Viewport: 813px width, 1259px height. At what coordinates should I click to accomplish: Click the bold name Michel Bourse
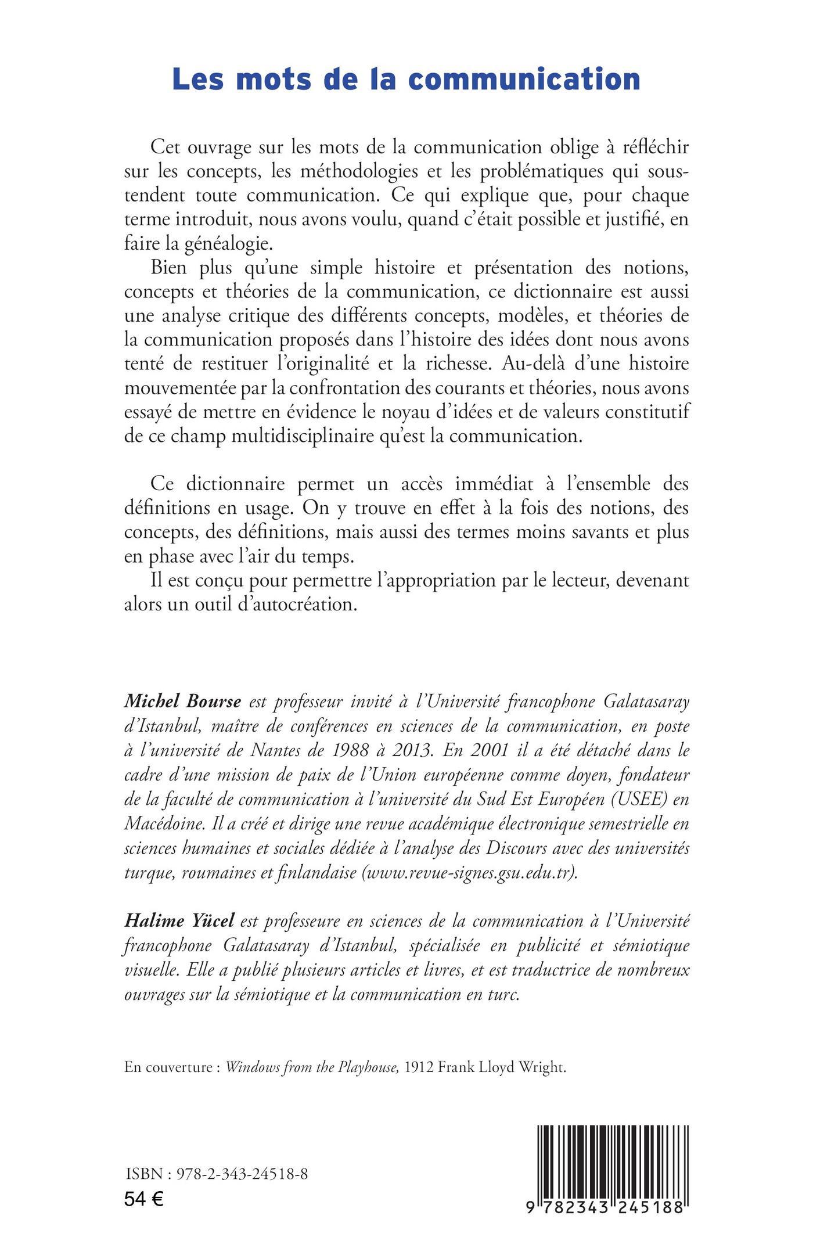click(182, 702)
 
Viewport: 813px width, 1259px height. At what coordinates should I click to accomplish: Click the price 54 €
click(144, 1196)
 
